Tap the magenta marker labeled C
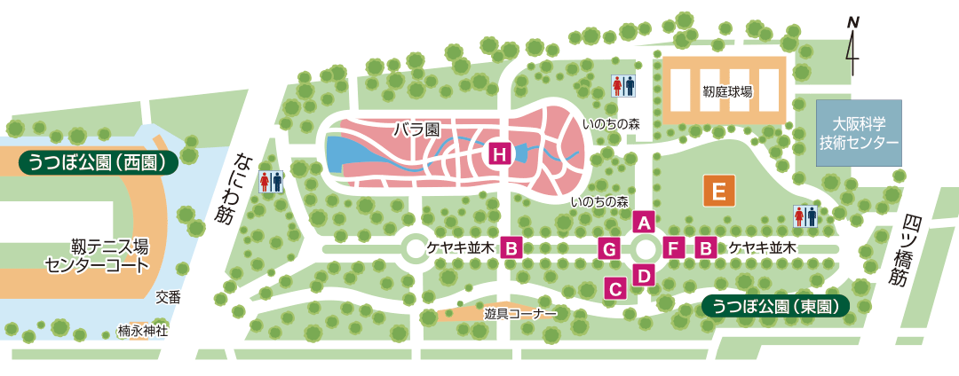pyautogui.click(x=615, y=287)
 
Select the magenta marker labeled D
pyautogui.click(x=645, y=274)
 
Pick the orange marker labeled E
pyautogui.click(x=719, y=191)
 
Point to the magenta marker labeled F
pyautogui.click(x=673, y=248)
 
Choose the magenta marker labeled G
pyautogui.click(x=609, y=248)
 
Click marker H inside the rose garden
pyautogui.click(x=500, y=155)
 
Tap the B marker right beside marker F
pyautogui.click(x=707, y=248)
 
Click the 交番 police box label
pyautogui.click(x=168, y=298)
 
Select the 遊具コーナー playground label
pyautogui.click(x=520, y=314)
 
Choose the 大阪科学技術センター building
pyautogui.click(x=859, y=133)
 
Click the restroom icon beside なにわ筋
pyautogui.click(x=271, y=182)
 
